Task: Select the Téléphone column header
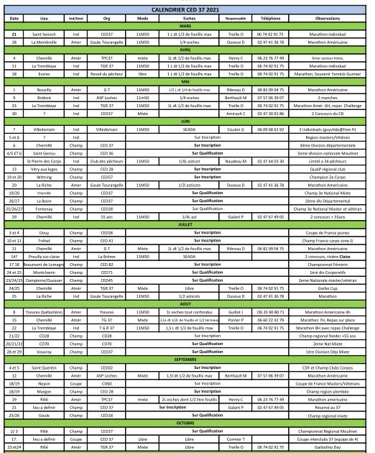click(x=271, y=17)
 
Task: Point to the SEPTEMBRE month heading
click(x=187, y=357)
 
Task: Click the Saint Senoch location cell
click(x=47, y=34)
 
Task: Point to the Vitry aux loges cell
click(x=47, y=169)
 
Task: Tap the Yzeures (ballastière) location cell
click(x=47, y=311)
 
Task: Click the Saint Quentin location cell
click(x=47, y=367)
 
